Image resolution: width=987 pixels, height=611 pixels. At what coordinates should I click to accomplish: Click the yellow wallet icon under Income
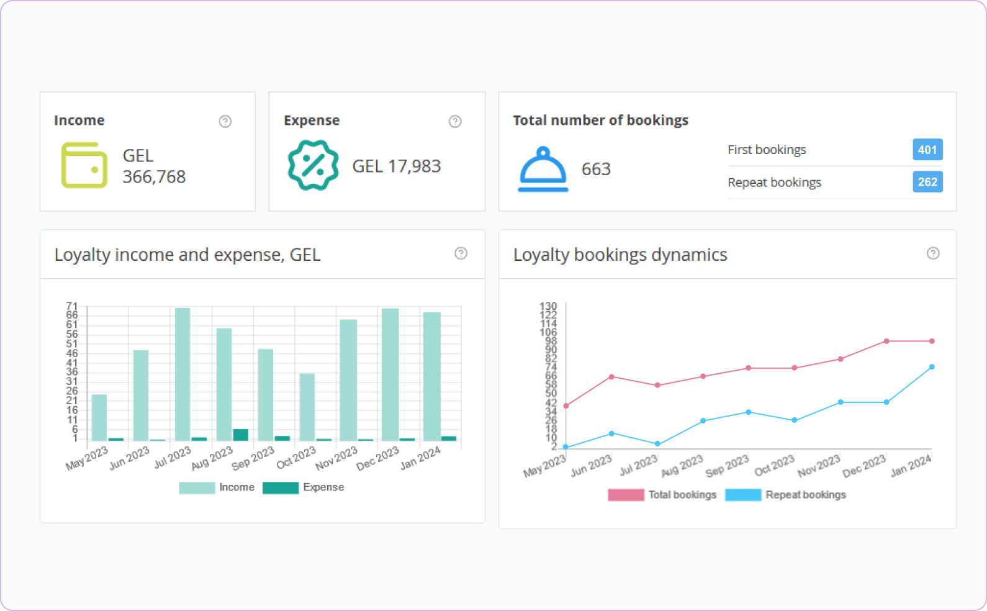tap(84, 165)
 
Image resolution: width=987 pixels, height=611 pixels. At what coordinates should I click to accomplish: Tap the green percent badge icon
tap(313, 165)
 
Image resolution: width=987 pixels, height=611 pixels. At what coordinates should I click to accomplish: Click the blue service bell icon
tap(543, 169)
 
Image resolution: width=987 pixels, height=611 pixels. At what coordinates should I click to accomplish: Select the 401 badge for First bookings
tap(927, 150)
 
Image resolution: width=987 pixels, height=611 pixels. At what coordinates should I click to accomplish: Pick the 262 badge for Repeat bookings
tap(927, 182)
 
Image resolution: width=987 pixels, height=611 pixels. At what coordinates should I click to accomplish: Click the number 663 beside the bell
tap(596, 169)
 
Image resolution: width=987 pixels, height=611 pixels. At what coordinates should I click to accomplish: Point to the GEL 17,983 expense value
tap(396, 166)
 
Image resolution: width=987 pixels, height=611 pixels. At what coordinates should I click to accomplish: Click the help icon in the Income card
tap(225, 121)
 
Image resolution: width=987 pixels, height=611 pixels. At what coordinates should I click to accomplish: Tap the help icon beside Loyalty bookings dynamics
tap(933, 253)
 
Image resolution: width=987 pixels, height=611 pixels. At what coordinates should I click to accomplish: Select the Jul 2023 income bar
tap(183, 374)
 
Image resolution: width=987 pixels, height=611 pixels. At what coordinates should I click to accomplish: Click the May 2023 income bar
tap(99, 417)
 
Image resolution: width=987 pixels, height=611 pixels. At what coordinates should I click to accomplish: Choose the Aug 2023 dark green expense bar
tap(241, 435)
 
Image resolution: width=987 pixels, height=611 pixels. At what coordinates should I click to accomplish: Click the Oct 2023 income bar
tap(307, 407)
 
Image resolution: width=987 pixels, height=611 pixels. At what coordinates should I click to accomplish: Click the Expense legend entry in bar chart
tap(304, 487)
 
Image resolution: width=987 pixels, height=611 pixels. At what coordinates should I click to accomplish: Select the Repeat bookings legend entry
tap(786, 495)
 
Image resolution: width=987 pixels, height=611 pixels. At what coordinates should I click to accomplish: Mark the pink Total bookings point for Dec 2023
tap(886, 341)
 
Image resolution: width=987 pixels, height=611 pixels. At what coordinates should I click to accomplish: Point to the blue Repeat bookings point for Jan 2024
tap(932, 367)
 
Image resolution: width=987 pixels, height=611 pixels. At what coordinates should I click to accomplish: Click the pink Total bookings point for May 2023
tap(566, 406)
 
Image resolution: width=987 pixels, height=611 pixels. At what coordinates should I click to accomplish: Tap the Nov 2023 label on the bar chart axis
tap(336, 458)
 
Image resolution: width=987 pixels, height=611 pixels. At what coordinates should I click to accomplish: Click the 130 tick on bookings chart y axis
tap(548, 306)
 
